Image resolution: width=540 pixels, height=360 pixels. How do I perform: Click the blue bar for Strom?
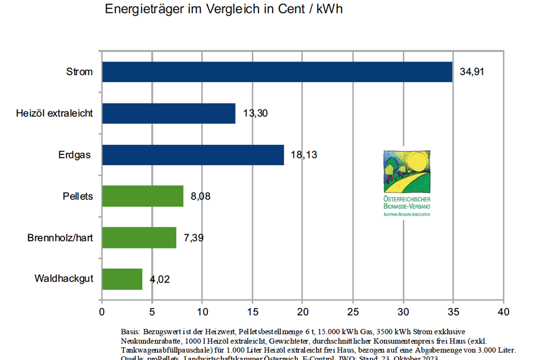pos(277,72)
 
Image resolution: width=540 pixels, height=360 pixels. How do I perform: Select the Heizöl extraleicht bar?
pos(169,113)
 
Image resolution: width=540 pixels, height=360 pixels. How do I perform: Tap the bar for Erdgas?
pos(193,155)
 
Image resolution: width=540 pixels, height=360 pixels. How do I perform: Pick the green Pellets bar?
pos(143,196)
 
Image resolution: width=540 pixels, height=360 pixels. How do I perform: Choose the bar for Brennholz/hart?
pos(139,238)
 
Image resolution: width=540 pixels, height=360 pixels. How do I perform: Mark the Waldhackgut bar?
pos(122,279)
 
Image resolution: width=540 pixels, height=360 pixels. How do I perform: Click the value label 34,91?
pos(472,72)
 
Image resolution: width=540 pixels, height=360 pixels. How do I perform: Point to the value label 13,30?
pos(255,113)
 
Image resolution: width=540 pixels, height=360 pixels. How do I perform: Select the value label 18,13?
pos(304,155)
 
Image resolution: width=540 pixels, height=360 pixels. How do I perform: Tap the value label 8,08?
pos(201,196)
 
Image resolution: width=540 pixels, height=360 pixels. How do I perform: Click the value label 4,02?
pos(160,279)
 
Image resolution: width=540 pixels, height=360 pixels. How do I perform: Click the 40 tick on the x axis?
pos(504,312)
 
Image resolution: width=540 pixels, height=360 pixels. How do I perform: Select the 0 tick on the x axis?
pos(102,312)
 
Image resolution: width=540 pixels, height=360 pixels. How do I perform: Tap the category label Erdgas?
pos(75,155)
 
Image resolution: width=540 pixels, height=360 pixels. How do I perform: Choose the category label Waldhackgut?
pos(64,279)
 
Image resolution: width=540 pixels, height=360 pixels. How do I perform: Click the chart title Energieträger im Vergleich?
pos(224,9)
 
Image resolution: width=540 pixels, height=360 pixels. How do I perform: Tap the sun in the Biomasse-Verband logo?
pos(418,162)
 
